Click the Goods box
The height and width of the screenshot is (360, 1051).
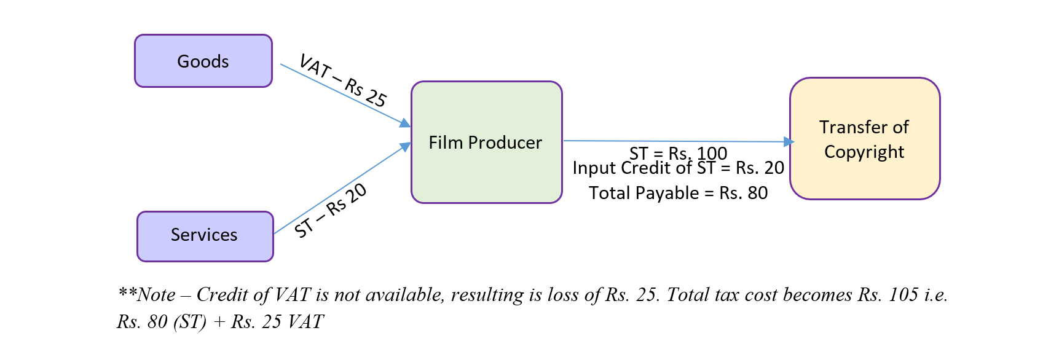[203, 61]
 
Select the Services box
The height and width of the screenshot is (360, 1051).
[205, 236]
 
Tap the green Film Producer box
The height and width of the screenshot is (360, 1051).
[486, 142]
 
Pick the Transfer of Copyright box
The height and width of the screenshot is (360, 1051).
[864, 139]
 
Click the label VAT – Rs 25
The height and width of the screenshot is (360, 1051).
[343, 81]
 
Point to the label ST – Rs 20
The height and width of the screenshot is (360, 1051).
[330, 211]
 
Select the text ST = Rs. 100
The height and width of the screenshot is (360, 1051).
[678, 152]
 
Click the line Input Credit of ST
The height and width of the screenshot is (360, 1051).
[678, 168]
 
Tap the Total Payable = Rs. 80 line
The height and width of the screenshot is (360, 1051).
[678, 193]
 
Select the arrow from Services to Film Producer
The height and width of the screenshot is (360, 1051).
[342, 190]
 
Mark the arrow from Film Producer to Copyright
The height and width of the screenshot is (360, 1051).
[676, 141]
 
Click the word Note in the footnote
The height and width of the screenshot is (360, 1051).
[157, 295]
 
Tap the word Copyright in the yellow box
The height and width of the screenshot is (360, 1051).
[864, 152]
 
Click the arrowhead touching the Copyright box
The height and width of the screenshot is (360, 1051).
[789, 142]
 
